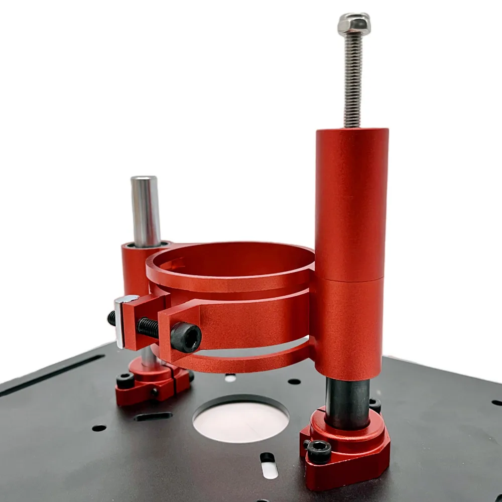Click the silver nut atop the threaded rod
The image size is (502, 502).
coord(354,24)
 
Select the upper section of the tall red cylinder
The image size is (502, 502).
coord(351,201)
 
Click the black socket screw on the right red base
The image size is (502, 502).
coord(319,451)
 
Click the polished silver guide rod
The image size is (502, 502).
coord(146,211)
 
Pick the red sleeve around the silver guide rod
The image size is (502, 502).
coord(135,269)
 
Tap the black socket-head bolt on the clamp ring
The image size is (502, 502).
coord(186,337)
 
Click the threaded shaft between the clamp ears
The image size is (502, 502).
coord(148,327)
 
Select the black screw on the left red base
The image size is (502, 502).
coord(125,381)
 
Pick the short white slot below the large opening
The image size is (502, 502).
coord(269,469)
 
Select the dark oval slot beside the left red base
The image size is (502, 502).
coord(153,417)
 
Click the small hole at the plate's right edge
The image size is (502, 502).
coord(496,402)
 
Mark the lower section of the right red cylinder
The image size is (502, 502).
coord(349,326)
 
